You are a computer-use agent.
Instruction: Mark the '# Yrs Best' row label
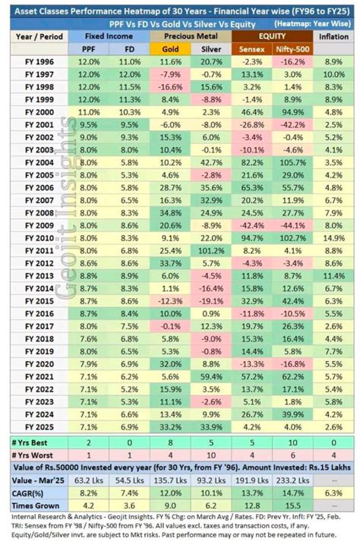[x=33, y=442]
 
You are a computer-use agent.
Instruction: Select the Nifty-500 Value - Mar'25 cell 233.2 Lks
[x=290, y=480]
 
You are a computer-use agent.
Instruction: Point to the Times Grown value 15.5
[x=290, y=506]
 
